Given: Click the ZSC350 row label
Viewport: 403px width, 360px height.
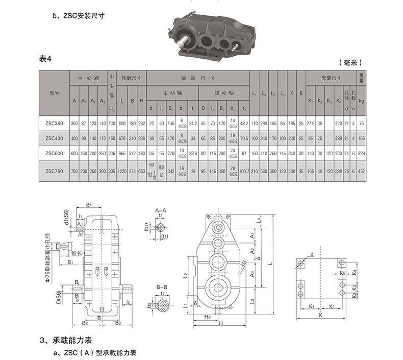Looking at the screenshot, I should (54, 123).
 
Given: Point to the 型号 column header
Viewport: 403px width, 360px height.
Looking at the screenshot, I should (54, 93).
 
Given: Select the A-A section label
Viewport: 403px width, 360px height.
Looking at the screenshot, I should (161, 210).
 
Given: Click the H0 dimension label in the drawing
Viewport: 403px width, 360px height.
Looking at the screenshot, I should (208, 317).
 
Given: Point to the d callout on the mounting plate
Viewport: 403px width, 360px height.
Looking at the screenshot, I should (312, 254).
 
